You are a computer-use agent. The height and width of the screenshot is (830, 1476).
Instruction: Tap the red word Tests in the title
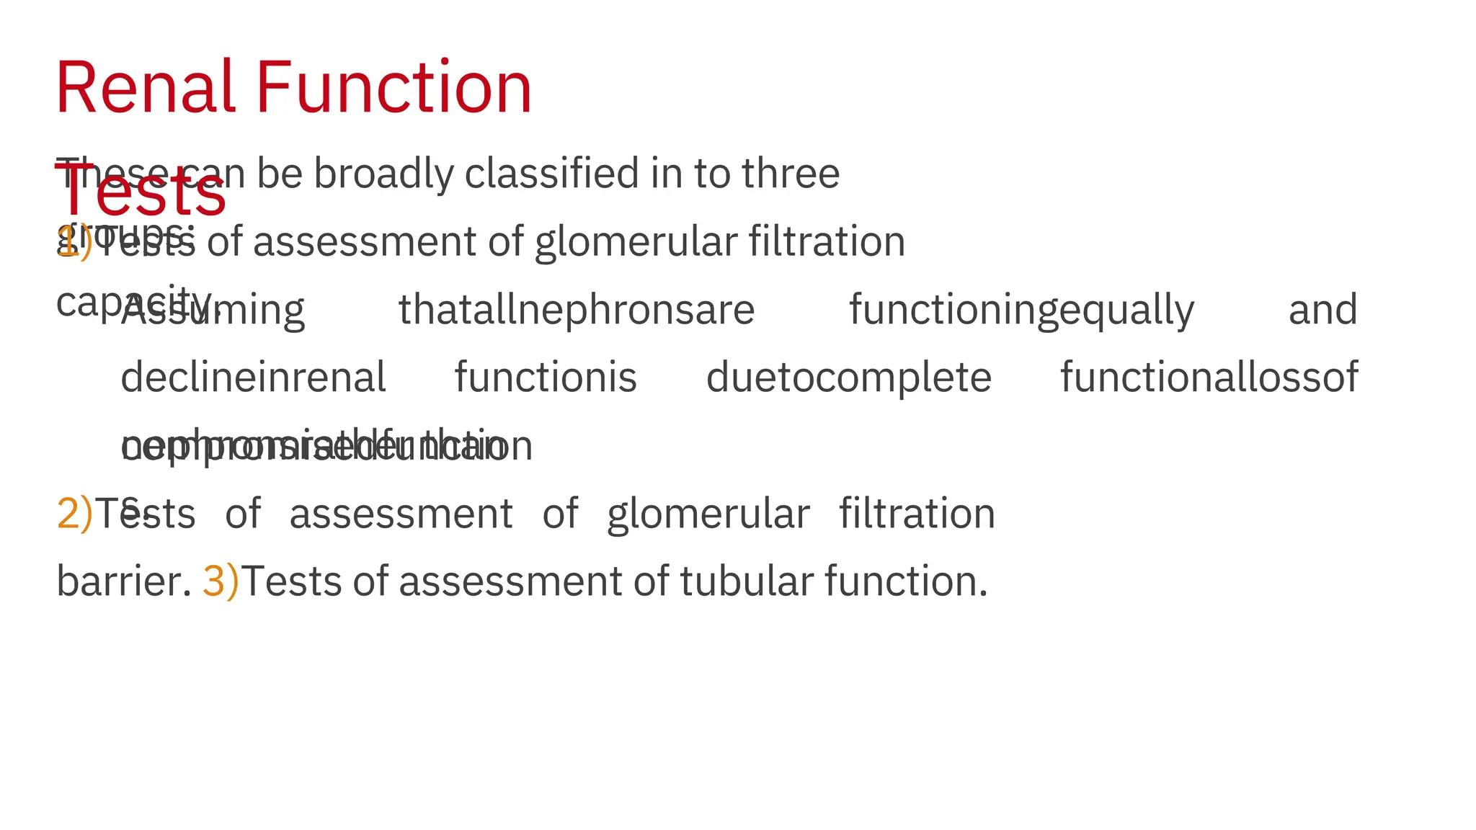click(141, 195)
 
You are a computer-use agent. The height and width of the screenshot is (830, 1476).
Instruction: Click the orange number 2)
click(74, 514)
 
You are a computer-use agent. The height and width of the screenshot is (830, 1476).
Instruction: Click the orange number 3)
click(220, 581)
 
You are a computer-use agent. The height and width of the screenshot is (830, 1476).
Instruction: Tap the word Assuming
click(213, 310)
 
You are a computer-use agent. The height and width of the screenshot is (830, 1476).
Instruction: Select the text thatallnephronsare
click(577, 310)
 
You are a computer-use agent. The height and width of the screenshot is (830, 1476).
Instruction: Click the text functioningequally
click(1021, 310)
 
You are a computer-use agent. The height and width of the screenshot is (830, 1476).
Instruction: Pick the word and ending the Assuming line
click(1322, 310)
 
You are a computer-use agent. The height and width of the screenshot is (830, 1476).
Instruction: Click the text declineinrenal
click(253, 378)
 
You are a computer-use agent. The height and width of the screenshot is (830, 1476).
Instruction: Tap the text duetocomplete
click(848, 378)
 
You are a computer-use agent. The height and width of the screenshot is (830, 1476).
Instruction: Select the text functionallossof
click(1209, 378)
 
